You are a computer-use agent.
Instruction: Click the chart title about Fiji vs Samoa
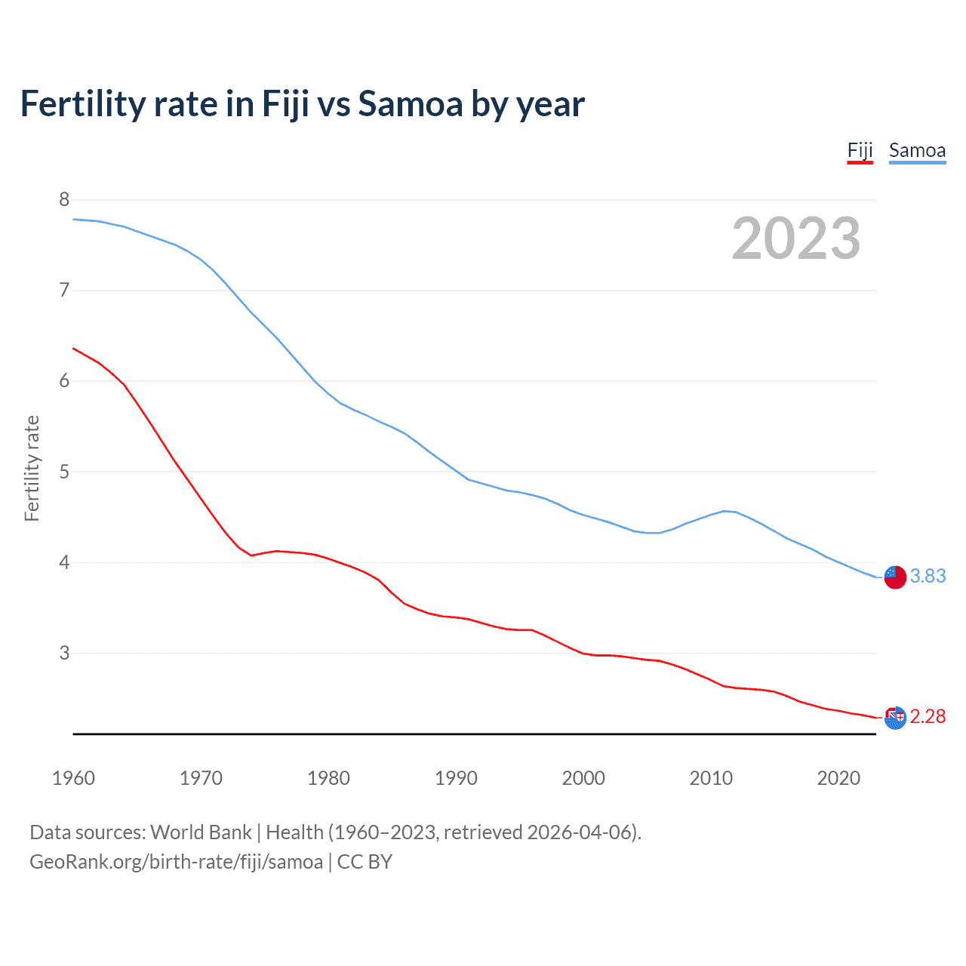point(302,104)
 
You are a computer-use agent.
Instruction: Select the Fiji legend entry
point(860,150)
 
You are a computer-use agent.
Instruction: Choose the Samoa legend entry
point(917,150)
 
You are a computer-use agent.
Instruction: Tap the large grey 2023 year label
point(796,238)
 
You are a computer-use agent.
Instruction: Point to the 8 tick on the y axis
point(64,199)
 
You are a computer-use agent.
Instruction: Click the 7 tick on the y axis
point(64,290)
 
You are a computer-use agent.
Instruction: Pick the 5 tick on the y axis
point(64,472)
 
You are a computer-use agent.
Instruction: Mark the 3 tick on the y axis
point(64,653)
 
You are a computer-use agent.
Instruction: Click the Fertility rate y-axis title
point(32,468)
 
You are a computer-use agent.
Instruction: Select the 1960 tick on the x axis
point(73,778)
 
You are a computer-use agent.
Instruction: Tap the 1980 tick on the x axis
point(328,778)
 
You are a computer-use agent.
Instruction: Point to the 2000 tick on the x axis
point(583,778)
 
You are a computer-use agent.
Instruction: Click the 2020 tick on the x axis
point(838,778)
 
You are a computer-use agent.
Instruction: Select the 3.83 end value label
point(928,576)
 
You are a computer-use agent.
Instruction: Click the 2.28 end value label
point(928,716)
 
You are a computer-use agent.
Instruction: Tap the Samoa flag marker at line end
point(895,577)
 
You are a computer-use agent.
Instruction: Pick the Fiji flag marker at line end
point(895,718)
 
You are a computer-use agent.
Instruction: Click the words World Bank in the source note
point(201,832)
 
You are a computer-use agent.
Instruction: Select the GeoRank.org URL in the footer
point(176,862)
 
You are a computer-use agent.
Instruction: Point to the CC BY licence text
point(365,862)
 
